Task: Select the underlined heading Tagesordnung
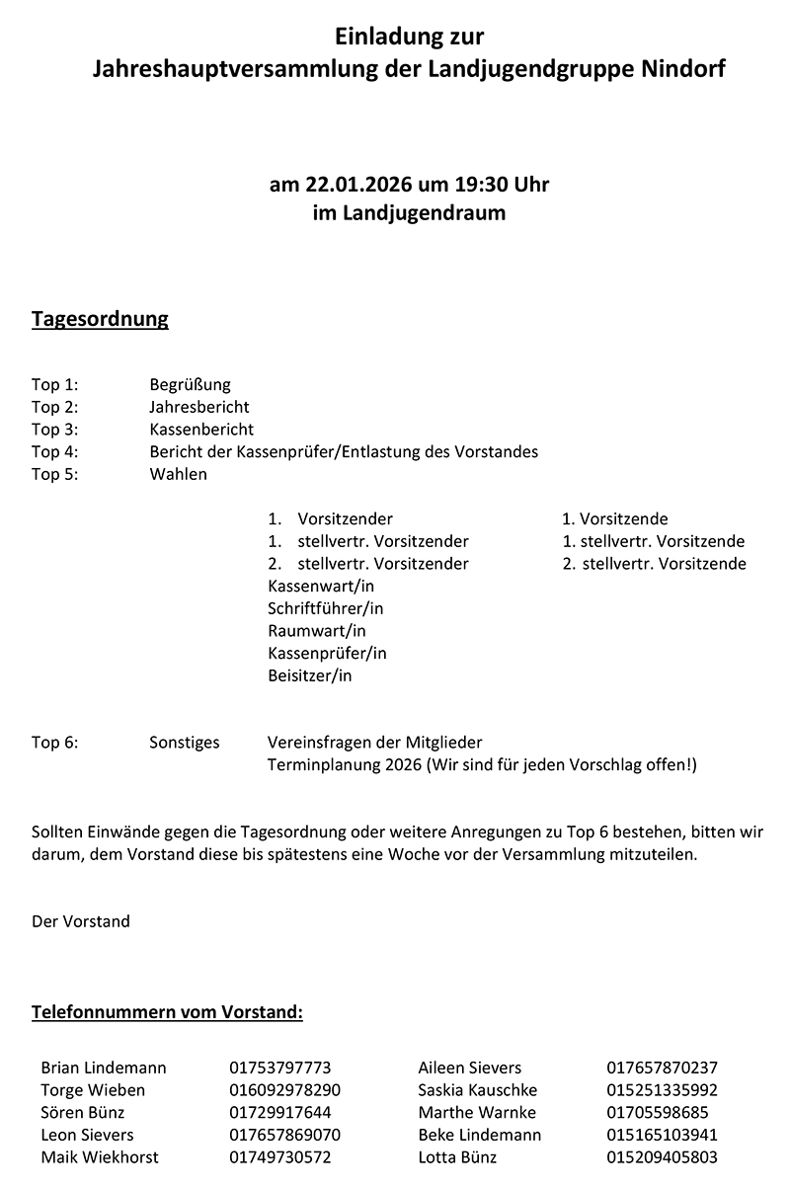point(100,319)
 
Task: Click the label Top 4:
point(54,451)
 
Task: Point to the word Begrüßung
point(190,384)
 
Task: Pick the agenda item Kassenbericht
point(201,430)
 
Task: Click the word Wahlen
point(178,474)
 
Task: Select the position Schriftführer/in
point(325,608)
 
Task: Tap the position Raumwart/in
point(316,631)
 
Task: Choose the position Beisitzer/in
point(309,676)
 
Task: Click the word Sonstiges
point(184,743)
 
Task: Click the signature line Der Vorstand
point(80,921)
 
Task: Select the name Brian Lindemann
point(104,1068)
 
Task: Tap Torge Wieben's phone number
point(284,1090)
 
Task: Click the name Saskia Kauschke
point(478,1090)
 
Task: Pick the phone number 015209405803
point(662,1157)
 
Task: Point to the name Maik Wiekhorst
point(100,1157)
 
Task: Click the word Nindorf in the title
point(682,70)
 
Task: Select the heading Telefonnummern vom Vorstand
point(167,1012)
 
